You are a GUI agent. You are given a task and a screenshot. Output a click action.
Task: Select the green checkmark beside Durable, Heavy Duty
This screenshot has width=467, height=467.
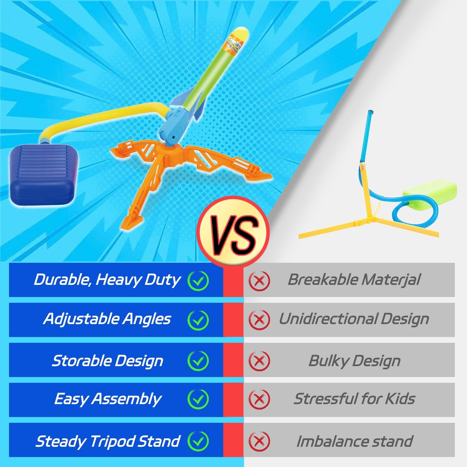(x=198, y=280)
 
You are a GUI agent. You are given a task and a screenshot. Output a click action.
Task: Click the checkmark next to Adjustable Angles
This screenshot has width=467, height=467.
(x=198, y=320)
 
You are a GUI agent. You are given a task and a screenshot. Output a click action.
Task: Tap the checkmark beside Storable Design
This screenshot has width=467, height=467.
(x=198, y=361)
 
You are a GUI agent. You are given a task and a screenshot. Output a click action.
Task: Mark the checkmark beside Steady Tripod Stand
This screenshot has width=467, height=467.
(x=198, y=441)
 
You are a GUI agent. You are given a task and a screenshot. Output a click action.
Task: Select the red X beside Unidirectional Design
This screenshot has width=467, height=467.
(x=259, y=320)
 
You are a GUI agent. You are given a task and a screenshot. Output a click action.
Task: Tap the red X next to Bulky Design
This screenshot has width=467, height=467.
(x=259, y=361)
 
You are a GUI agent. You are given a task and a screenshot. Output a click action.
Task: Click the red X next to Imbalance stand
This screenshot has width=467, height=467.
(x=259, y=441)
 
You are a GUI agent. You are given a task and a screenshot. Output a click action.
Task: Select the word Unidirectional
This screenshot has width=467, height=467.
(x=328, y=319)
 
